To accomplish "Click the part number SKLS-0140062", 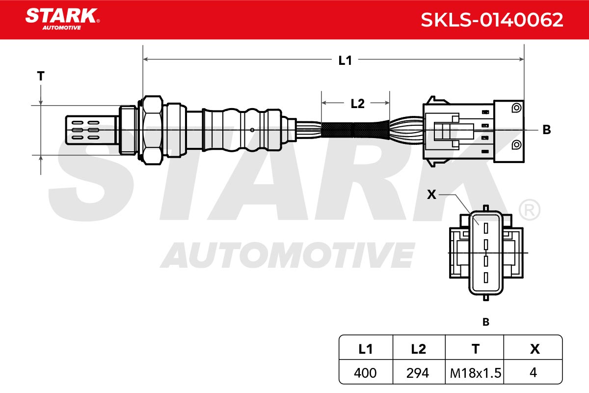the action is pos(492,20).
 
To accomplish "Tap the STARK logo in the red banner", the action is pos(63,19).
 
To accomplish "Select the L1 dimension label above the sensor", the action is pos(345,60).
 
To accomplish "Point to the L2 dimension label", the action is pos(358,104).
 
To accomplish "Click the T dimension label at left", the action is pos(41,76).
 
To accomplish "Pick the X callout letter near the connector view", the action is pos(431,195).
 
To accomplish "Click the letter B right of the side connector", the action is pos(547,130).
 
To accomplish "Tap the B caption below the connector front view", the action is pos(486,322).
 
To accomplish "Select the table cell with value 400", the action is pos(365,373).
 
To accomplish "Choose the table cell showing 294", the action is pos(418,373).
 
